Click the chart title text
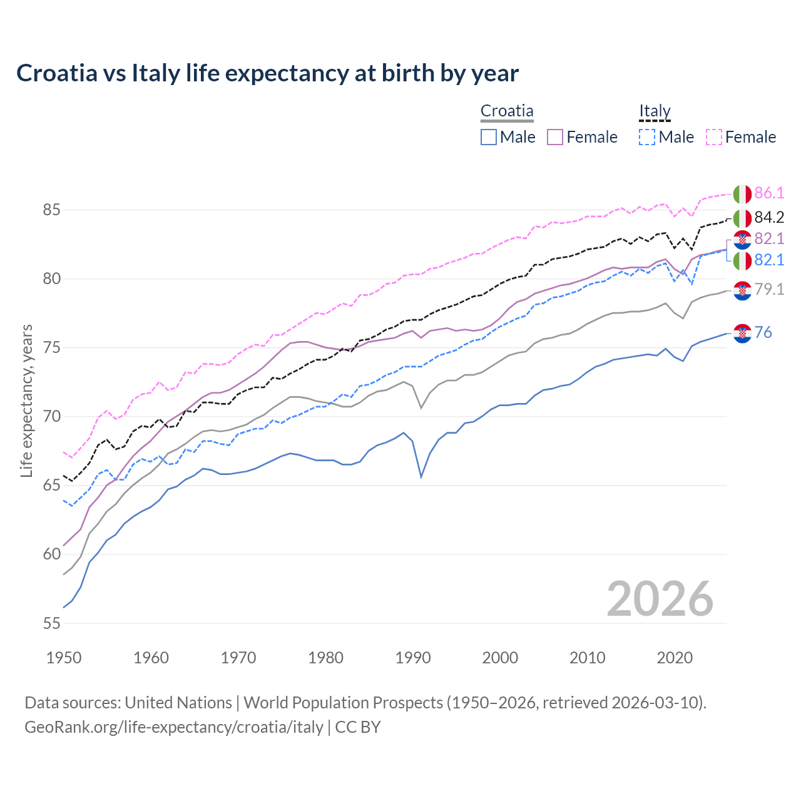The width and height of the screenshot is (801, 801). click(267, 73)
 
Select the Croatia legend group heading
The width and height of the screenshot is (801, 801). click(507, 111)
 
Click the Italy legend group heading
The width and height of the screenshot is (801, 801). click(655, 111)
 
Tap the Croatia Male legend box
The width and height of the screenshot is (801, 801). click(489, 137)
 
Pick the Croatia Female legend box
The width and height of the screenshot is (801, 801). click(555, 137)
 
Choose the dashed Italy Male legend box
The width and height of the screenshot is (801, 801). click(647, 137)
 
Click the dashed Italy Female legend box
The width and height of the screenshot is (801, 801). click(714, 137)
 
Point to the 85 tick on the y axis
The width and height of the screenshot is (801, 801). click(51, 210)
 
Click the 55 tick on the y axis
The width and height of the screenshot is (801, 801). click(51, 623)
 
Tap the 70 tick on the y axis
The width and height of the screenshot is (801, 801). click(51, 417)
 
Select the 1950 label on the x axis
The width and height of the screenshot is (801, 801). click(64, 658)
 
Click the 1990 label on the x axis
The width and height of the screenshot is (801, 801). click(413, 658)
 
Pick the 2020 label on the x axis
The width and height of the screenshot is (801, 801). click(675, 658)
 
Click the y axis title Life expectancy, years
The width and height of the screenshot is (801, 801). click(26, 400)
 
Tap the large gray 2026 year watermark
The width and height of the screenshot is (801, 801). click(660, 599)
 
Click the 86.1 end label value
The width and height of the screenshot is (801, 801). click(769, 193)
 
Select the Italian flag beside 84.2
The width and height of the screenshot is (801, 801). click(742, 218)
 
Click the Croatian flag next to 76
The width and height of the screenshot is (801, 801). click(742, 334)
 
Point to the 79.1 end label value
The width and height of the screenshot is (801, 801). click(769, 289)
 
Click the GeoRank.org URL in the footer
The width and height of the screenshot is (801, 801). click(173, 727)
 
